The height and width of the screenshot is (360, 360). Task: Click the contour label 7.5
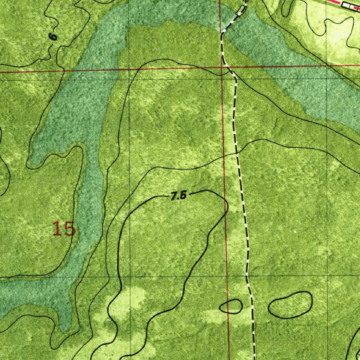[178, 196]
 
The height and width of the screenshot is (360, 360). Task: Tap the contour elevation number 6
[53, 37]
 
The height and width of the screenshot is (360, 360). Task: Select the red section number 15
[64, 229]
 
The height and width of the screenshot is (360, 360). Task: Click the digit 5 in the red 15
[69, 229]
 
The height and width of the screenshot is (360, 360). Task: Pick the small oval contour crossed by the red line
[231, 306]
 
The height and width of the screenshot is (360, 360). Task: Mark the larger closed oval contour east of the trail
[290, 305]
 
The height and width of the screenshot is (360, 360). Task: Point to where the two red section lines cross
[221, 67]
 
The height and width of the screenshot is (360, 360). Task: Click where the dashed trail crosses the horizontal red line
[227, 67]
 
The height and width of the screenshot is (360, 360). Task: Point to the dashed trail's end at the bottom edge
[254, 358]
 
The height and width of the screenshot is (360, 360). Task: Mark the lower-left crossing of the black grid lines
[129, 277]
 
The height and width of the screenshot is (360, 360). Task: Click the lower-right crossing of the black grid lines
[328, 276]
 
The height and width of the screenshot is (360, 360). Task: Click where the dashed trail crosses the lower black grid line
[246, 276]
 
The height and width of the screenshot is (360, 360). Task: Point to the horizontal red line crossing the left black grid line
[129, 69]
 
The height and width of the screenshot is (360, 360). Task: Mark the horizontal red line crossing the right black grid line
[327, 65]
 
